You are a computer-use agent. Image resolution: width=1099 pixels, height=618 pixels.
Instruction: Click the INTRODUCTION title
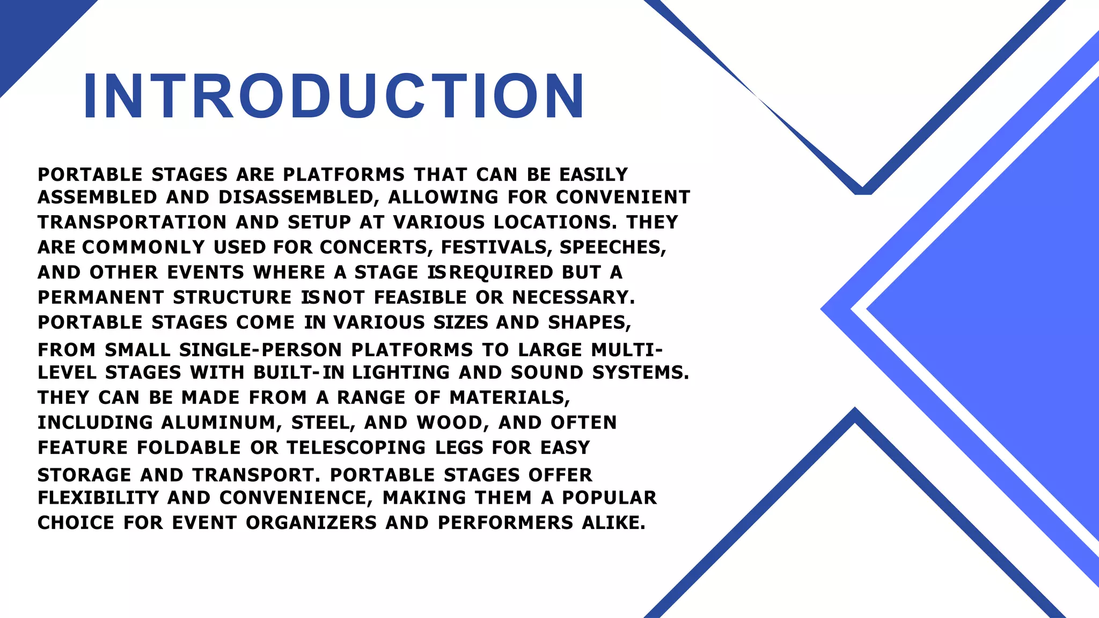tap(334, 96)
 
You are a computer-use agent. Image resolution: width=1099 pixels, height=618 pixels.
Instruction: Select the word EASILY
tap(594, 175)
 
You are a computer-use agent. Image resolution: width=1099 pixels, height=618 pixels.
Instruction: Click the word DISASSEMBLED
tap(295, 197)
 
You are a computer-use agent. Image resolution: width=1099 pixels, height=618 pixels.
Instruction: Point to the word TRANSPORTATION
tap(132, 222)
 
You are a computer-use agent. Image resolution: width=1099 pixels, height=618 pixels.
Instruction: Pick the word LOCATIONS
tap(555, 222)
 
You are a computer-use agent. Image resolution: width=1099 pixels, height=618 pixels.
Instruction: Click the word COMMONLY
tap(144, 247)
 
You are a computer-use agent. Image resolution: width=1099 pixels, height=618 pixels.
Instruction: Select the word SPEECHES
tap(612, 247)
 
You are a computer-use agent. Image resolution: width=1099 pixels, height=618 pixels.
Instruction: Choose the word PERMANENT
tap(101, 297)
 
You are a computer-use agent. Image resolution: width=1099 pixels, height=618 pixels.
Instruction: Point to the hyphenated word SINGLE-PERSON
tap(260, 350)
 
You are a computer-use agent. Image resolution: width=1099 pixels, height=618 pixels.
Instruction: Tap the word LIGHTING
tap(401, 372)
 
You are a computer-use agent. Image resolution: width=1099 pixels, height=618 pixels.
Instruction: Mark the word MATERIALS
tap(509, 398)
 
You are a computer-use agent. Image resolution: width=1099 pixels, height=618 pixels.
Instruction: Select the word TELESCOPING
tap(356, 447)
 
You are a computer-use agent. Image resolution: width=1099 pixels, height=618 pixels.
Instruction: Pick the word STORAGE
tap(84, 475)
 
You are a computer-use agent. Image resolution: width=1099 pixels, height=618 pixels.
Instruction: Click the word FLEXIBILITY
tap(98, 498)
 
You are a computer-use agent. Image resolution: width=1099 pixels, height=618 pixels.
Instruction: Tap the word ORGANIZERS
tap(311, 523)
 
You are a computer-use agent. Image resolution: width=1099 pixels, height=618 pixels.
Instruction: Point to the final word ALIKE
tap(613, 523)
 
